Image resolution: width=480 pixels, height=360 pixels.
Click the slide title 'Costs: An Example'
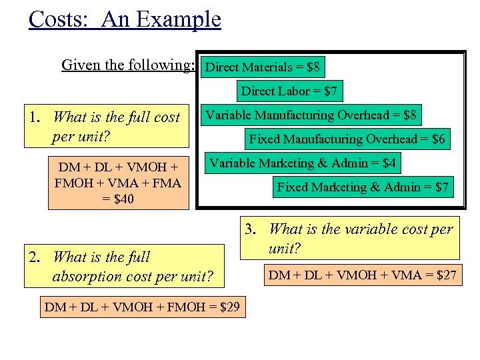point(125,19)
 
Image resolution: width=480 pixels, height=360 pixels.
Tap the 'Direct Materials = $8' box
point(263,67)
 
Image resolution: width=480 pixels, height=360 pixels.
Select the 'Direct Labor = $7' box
point(289,91)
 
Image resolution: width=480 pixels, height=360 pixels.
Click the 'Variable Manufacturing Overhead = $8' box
point(311,115)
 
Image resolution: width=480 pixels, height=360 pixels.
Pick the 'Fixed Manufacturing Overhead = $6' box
point(347,139)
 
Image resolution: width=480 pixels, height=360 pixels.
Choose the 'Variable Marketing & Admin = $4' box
point(303,163)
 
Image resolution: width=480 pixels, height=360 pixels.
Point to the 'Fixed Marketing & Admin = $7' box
point(363,187)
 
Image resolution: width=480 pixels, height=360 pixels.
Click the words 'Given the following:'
point(127,65)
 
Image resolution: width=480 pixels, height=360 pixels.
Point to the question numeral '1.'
point(35,118)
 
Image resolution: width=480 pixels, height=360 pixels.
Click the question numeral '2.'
point(35,257)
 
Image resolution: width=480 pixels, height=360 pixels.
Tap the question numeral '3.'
point(251,230)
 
